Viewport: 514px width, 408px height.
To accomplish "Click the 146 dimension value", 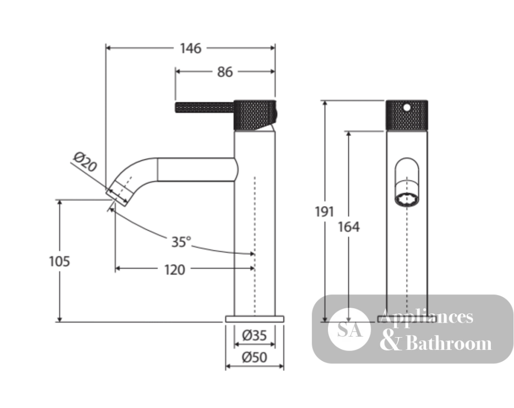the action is point(191,48).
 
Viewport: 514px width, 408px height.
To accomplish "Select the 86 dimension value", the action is point(225,72).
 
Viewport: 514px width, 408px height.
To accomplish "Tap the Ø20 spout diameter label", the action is point(85,162).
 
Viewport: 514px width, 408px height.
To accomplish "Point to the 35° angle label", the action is point(181,242).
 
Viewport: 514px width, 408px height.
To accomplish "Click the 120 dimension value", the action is point(174,270).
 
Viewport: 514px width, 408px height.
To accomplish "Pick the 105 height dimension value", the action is point(59,262).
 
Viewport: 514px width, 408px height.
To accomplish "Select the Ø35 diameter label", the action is point(254,336).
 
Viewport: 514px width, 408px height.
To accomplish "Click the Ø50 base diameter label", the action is point(254,357).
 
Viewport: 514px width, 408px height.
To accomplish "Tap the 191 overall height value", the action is point(324,212).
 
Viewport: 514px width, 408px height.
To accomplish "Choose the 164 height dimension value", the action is point(349,227).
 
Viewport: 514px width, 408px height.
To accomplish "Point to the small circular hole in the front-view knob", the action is point(407,107).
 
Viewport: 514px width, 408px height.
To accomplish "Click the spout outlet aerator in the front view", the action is point(407,199).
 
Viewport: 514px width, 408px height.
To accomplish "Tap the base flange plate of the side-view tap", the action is point(254,319).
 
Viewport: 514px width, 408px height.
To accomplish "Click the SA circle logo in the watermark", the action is point(350,329).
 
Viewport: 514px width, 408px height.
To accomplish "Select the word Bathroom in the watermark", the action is point(449,343).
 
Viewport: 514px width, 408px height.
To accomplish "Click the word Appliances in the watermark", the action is point(426,317).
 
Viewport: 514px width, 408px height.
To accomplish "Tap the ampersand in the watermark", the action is point(391,341).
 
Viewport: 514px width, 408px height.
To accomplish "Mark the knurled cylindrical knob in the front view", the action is point(407,115).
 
